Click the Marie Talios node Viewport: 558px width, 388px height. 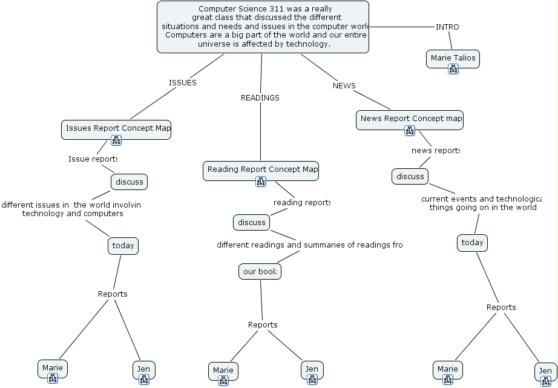(x=453, y=58)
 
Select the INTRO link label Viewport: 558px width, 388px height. (x=447, y=27)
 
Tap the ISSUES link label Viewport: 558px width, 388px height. (x=182, y=83)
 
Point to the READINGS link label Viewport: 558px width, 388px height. (x=260, y=97)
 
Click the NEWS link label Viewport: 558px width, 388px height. (x=344, y=86)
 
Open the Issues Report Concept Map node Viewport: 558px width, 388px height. (x=116, y=128)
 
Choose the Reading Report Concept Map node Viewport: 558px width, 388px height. (x=260, y=169)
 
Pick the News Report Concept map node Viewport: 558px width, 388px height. (x=409, y=119)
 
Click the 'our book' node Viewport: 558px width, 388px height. (x=260, y=272)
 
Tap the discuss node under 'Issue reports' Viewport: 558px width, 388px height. (x=129, y=182)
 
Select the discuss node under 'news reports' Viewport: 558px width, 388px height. (x=410, y=176)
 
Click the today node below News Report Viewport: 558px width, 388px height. (x=472, y=243)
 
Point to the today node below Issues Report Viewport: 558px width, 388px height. (x=123, y=246)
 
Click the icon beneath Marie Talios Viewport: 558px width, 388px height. (x=453, y=70)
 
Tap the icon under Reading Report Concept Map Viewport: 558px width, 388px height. (x=261, y=181)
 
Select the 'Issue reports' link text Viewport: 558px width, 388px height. (x=93, y=159)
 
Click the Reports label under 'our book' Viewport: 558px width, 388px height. (x=263, y=325)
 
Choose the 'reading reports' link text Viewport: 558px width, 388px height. (x=301, y=202)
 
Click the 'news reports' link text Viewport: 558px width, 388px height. (x=435, y=150)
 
